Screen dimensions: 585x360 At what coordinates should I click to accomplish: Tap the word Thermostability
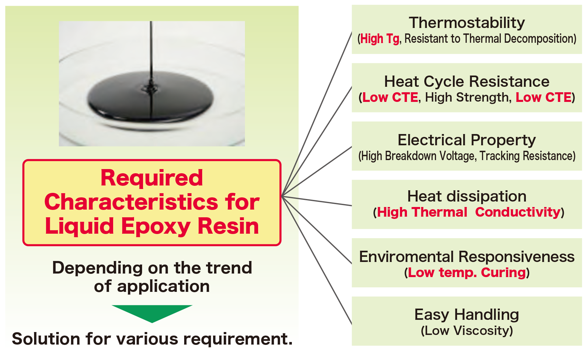coord(467,23)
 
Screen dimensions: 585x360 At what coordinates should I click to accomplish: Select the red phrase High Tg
coord(380,39)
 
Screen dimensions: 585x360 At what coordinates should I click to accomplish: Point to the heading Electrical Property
coord(467,140)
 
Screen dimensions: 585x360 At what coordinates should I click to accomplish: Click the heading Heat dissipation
coord(467,196)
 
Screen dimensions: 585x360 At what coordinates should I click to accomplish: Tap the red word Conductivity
coord(517,212)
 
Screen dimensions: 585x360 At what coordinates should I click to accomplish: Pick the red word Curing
coord(503,273)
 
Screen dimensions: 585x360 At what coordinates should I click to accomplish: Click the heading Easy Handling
coord(467,315)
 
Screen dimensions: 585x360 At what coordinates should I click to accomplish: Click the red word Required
coord(152,177)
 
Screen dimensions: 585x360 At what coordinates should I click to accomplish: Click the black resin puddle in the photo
coord(150,96)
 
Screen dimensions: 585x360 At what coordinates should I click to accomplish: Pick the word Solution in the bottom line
coord(46,339)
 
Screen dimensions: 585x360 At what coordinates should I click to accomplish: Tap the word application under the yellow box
coord(163,286)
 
